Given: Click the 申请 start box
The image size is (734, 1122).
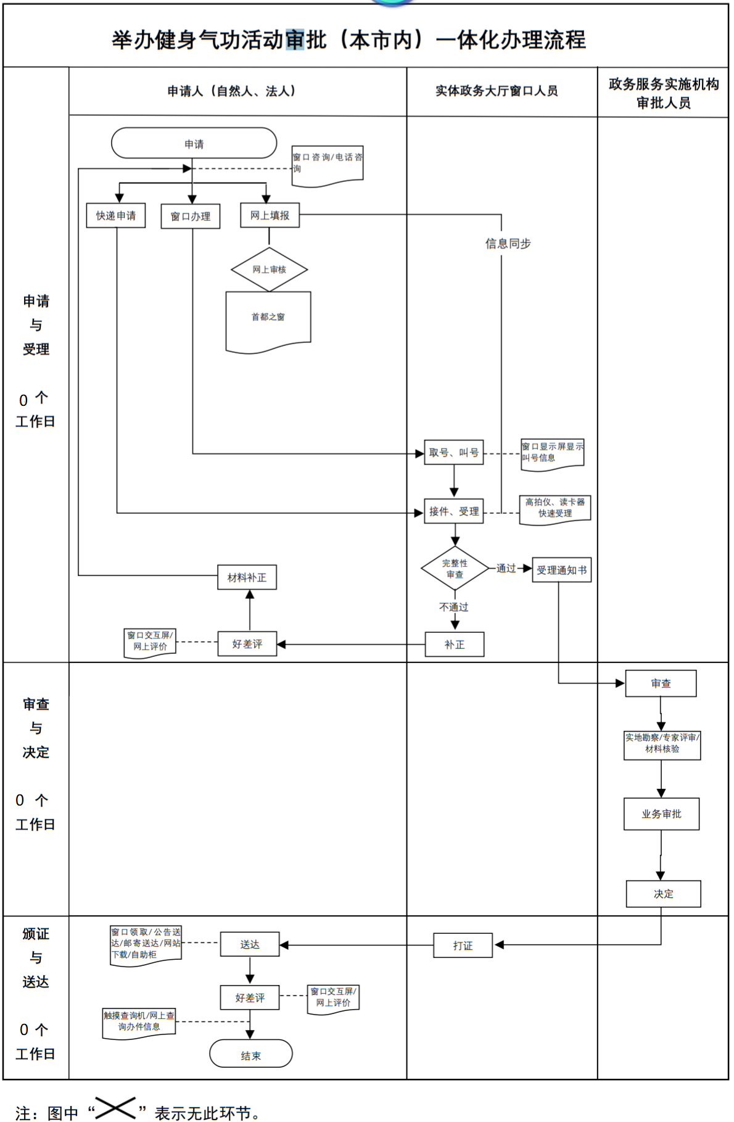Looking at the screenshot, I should (194, 144).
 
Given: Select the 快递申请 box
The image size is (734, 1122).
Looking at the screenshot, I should (116, 216).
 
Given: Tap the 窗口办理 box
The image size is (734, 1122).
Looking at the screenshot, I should (190, 217).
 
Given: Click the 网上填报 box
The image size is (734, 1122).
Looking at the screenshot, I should (270, 215).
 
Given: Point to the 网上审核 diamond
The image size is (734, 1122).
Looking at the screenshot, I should (269, 270).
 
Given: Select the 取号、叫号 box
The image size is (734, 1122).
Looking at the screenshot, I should (453, 453).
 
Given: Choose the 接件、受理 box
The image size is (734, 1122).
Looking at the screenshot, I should (453, 511).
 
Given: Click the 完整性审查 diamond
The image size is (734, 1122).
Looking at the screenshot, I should (455, 569).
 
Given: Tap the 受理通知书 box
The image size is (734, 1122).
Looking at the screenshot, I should (561, 570).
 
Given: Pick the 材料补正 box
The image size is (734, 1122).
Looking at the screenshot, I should (247, 577).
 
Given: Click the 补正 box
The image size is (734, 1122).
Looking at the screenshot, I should (455, 645).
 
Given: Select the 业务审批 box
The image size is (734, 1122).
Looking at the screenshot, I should (661, 814).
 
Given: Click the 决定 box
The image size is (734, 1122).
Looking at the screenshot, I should (663, 894).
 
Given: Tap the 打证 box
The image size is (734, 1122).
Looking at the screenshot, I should (463, 946).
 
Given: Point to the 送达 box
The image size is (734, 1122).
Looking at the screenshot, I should (250, 944).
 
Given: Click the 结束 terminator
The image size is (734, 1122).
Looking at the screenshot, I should (250, 1055).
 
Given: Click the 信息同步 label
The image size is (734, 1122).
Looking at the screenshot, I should (508, 244).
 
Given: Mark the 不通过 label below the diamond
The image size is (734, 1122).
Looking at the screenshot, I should (453, 608).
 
